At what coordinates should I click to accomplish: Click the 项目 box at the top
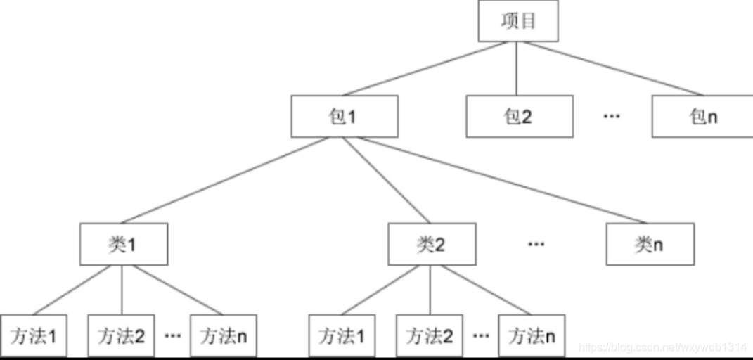click(x=518, y=21)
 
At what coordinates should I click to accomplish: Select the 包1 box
click(x=345, y=116)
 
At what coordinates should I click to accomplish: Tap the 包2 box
click(x=518, y=116)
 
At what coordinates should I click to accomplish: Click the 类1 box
click(x=124, y=245)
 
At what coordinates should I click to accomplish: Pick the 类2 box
click(x=432, y=245)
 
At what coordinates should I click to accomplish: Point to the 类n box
click(x=650, y=245)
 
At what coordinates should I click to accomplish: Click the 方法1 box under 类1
click(x=33, y=336)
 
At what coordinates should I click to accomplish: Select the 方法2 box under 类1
click(x=121, y=336)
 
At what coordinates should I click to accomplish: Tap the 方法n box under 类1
click(x=224, y=336)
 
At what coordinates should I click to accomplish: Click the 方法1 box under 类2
click(x=342, y=336)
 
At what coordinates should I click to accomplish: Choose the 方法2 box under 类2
click(x=429, y=336)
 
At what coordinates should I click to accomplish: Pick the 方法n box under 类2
click(x=532, y=336)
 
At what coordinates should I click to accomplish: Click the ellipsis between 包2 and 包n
click(x=611, y=115)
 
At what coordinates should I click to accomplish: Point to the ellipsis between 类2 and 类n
click(x=536, y=244)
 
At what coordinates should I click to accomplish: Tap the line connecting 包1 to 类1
click(x=225, y=180)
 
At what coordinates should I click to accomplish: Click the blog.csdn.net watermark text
click(x=662, y=347)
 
